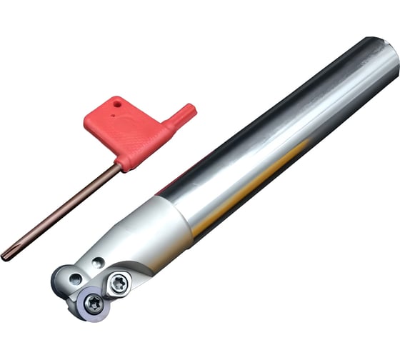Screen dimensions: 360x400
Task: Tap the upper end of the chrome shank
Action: coord(382,57)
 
